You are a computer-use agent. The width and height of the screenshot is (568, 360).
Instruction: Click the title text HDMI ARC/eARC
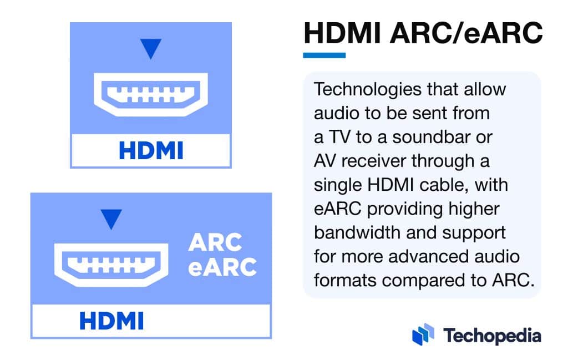[x=422, y=34]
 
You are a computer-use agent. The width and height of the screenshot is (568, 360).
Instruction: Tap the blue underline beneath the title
[x=324, y=55]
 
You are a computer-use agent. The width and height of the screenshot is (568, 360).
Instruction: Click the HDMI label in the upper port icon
[x=150, y=150]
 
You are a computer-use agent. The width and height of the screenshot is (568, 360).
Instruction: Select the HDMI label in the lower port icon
[x=111, y=321]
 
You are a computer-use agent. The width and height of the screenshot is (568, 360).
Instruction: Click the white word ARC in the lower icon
[x=215, y=242]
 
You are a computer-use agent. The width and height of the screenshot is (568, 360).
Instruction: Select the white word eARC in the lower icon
[x=222, y=267]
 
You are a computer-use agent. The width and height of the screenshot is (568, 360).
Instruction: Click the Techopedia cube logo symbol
[x=423, y=334]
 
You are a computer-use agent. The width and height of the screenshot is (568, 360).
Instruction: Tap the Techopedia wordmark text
[x=491, y=335]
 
